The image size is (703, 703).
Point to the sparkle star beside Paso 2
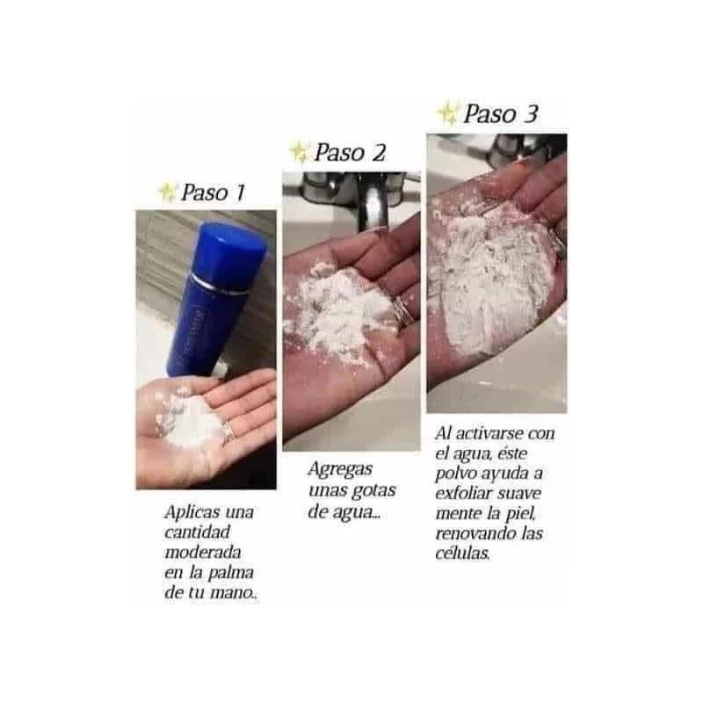click(300, 152)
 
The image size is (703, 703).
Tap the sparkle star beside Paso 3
click(448, 112)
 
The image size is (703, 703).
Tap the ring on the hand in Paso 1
click(228, 431)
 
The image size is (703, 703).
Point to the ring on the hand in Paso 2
click(402, 308)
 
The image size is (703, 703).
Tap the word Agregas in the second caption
click(337, 471)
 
